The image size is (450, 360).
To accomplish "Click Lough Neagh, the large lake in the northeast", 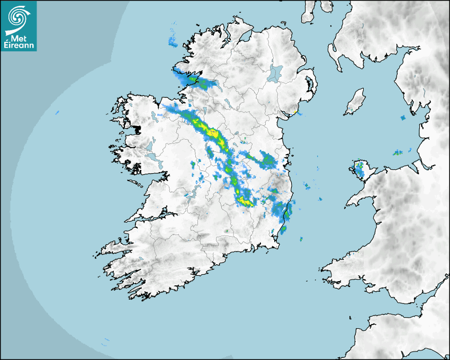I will pos(275,73).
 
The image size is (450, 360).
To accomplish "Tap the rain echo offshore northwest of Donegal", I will pos(173,41).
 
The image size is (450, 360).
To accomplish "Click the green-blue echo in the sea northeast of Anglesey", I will pos(397,153).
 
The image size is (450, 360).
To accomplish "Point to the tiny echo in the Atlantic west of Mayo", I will pos(57,112).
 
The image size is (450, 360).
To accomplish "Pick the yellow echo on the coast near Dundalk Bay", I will pos(294,112).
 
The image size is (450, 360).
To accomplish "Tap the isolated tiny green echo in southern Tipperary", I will pos(226,231).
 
